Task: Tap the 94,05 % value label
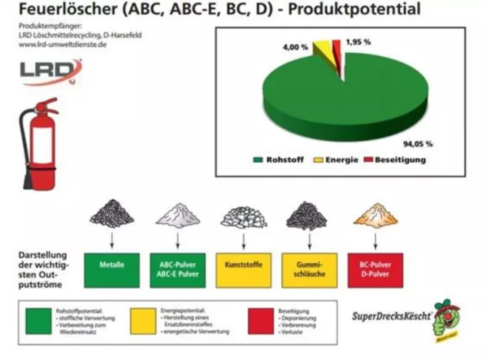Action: (x=418, y=144)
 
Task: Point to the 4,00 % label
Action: (x=295, y=47)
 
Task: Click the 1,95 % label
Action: (x=358, y=42)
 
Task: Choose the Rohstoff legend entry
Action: (x=279, y=160)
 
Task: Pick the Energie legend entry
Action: (x=336, y=160)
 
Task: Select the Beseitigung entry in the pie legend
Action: (x=395, y=160)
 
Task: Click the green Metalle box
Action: (x=112, y=270)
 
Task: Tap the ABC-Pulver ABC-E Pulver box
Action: (x=178, y=270)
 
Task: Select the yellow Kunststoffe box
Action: (x=244, y=270)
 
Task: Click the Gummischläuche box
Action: (x=309, y=270)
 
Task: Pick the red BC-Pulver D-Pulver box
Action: (x=375, y=270)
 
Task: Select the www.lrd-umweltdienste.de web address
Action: (x=62, y=45)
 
